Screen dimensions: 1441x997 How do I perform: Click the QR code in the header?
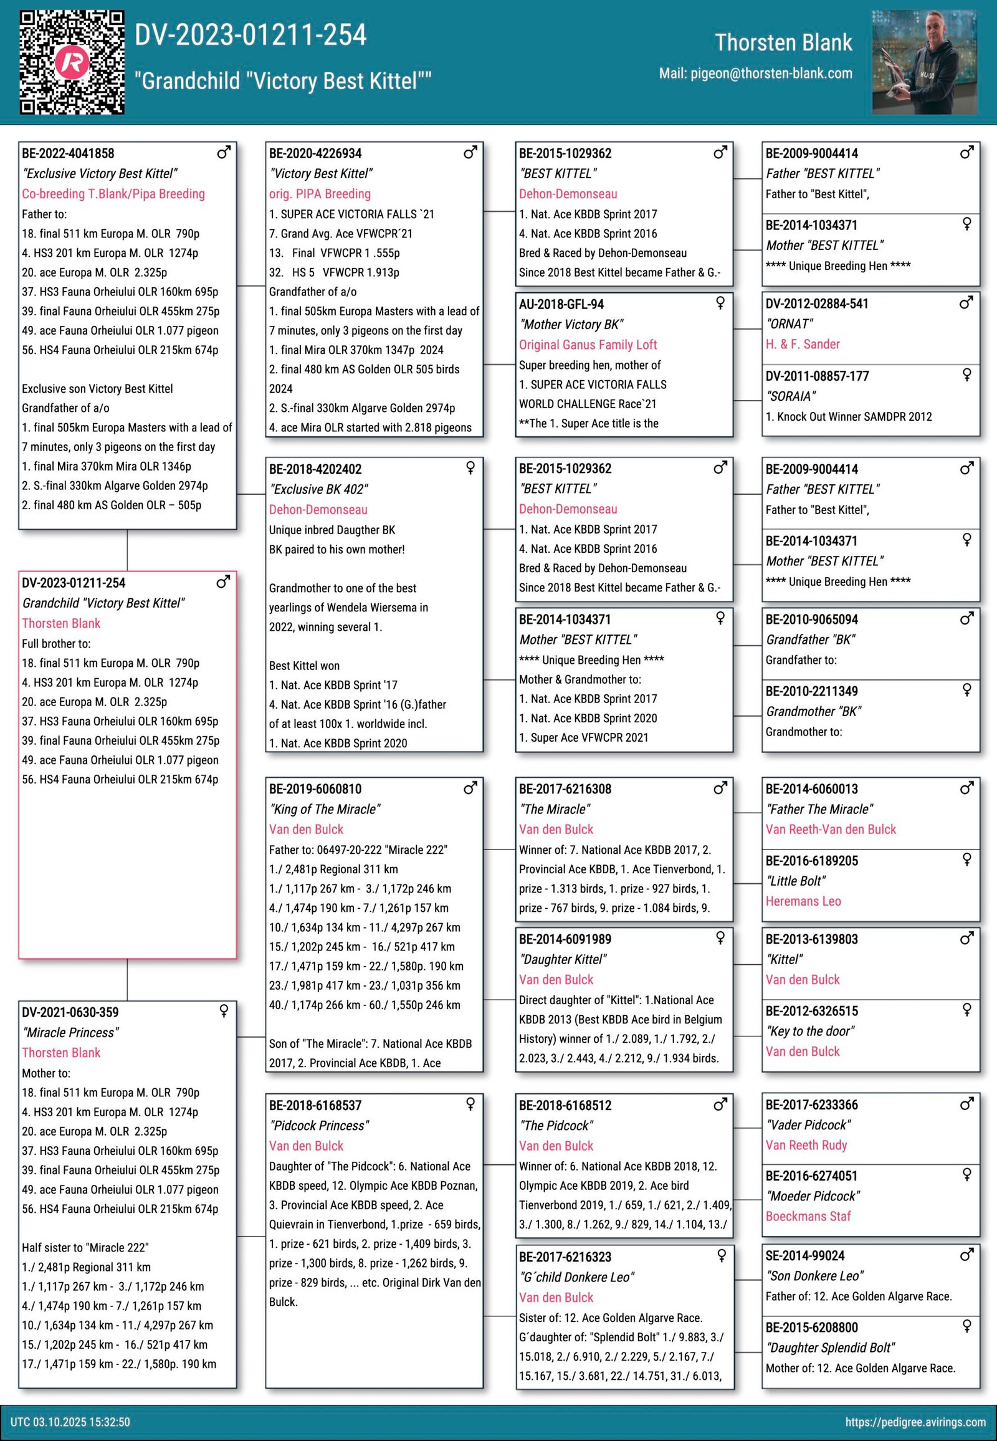(72, 62)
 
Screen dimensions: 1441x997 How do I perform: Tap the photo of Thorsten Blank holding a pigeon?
(924, 62)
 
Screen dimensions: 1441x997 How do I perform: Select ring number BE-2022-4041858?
(68, 154)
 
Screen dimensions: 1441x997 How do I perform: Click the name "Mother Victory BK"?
(571, 324)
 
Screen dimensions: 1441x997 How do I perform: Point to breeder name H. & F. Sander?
(803, 344)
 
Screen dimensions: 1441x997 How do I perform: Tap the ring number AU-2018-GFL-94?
(561, 304)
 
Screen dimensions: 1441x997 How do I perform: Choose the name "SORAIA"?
(791, 396)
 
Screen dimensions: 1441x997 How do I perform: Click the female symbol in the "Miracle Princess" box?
(224, 1011)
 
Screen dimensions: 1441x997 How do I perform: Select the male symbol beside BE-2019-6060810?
(470, 788)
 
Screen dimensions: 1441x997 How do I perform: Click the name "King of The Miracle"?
(325, 809)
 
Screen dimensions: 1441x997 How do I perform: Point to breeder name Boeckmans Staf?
(808, 1216)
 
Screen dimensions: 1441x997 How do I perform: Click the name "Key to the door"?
(810, 1031)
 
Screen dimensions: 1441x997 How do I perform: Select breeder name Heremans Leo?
(803, 901)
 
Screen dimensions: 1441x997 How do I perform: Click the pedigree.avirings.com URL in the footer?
(915, 1422)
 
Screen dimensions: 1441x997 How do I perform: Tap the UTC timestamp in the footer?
(70, 1422)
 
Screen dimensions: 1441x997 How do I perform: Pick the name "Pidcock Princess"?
(318, 1126)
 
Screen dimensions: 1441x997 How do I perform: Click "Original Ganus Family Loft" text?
(588, 345)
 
